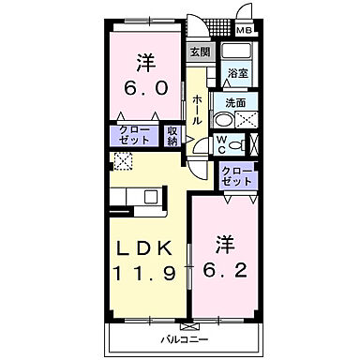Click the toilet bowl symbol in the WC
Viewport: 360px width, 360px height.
236,144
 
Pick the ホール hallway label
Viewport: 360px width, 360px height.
197,110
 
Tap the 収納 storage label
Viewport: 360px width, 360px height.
173,136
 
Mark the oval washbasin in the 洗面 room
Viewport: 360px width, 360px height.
221,118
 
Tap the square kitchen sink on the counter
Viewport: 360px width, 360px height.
149,197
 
